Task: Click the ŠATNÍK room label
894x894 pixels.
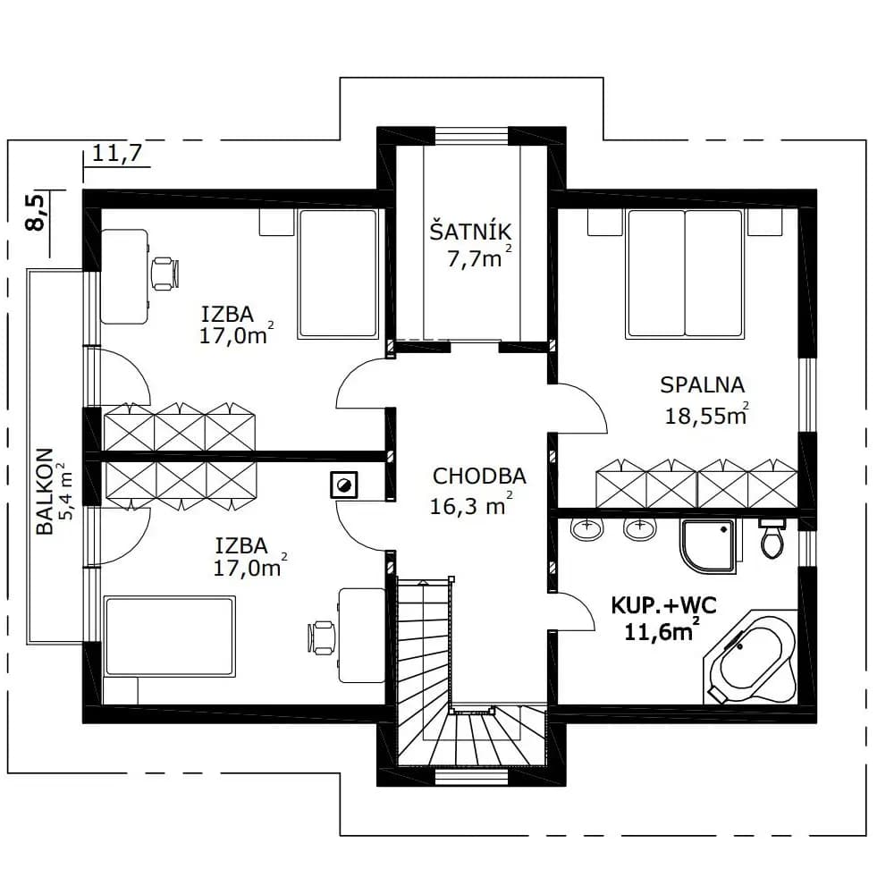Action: [470, 232]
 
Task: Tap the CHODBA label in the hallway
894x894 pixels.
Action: [479, 477]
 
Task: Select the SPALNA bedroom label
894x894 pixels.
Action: [703, 384]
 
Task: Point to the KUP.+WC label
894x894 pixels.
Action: [663, 605]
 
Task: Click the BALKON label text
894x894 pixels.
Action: [45, 492]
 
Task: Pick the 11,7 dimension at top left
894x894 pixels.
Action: [116, 153]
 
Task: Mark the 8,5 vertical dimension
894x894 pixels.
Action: [36, 213]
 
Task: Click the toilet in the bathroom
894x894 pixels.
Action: [772, 538]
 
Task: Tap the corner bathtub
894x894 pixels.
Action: [752, 657]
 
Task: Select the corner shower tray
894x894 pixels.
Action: [707, 545]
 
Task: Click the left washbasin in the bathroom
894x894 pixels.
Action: [586, 529]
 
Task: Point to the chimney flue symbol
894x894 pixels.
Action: [344, 485]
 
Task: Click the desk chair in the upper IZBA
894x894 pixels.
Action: [165, 273]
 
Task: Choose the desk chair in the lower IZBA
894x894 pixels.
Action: [322, 637]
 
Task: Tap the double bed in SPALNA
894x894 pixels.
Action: [684, 274]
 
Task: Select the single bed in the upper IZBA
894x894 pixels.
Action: [338, 274]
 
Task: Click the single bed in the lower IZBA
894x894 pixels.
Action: [170, 637]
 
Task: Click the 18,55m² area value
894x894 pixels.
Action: [707, 415]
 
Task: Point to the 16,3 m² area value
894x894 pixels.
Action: [471, 505]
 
